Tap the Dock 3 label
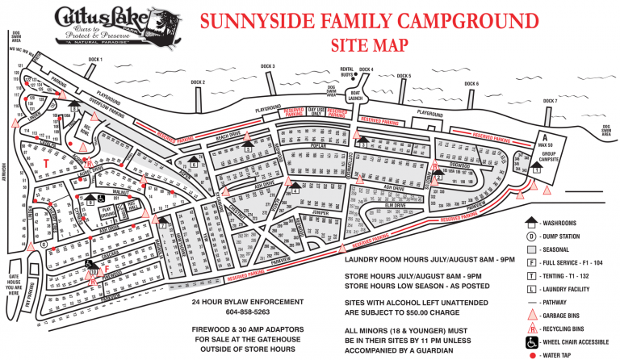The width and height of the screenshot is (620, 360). click(x=268, y=66)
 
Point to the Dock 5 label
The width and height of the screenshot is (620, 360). click(x=404, y=76)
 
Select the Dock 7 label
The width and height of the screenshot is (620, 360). click(x=551, y=101)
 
